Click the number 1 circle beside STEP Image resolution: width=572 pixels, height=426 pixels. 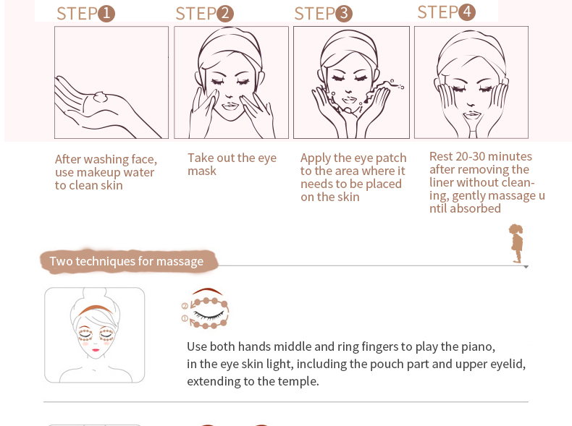[x=106, y=14]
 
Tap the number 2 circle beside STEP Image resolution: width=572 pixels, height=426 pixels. [x=225, y=14]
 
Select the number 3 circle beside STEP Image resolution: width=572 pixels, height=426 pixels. [x=344, y=14]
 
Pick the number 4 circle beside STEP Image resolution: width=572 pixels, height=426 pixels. [x=467, y=12]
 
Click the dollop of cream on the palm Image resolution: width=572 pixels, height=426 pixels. [x=101, y=97]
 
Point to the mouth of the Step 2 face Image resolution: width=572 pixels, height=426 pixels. [x=230, y=106]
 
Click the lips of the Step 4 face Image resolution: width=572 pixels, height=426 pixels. [x=472, y=115]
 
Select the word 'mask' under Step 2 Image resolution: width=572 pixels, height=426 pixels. [x=202, y=171]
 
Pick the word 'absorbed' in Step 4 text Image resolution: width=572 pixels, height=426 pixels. [x=475, y=208]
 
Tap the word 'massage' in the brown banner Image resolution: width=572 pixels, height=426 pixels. [x=180, y=261]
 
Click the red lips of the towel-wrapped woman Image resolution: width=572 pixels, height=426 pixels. [x=96, y=350]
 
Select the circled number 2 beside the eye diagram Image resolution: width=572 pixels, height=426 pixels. [x=185, y=306]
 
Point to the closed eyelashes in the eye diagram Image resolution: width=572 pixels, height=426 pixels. [x=209, y=315]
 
